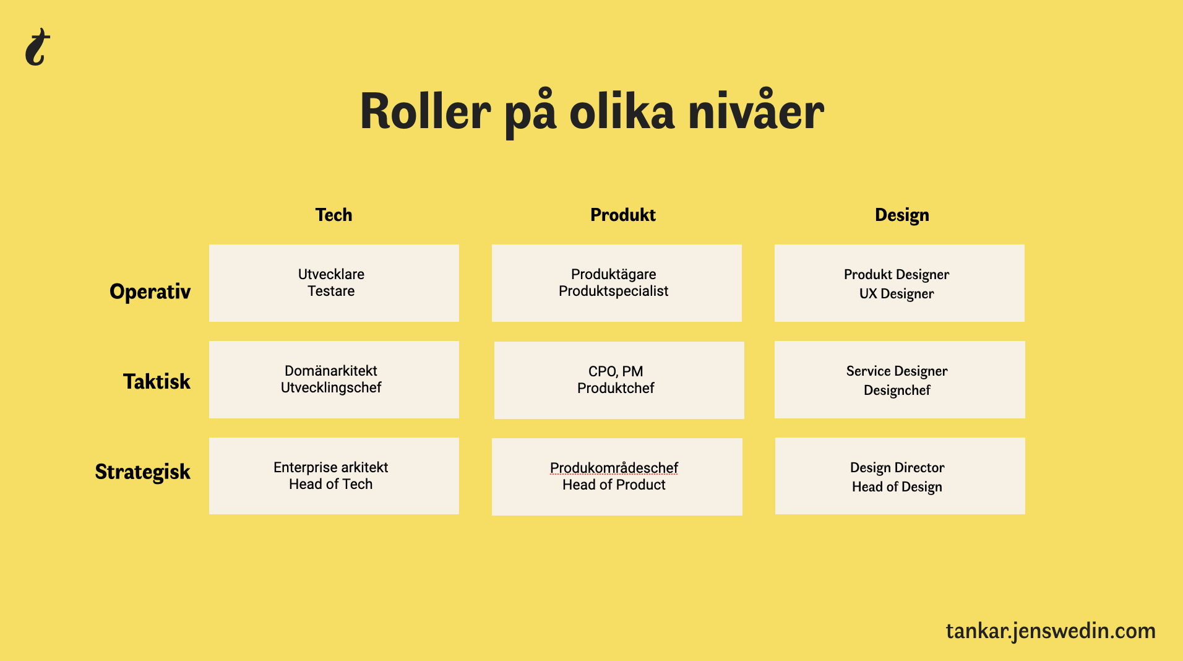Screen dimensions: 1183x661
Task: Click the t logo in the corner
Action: coord(37,47)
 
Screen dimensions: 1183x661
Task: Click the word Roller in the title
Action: coord(426,112)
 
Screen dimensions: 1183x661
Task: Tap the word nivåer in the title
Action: coord(756,111)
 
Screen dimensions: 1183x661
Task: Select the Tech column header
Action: coord(333,215)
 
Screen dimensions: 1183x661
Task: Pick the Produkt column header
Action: coord(623,215)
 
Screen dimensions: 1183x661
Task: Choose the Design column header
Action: coord(902,215)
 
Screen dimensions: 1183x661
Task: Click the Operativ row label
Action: coord(150,292)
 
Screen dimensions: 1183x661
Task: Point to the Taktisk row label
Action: coord(157,381)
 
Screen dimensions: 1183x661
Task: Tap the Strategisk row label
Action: coord(143,472)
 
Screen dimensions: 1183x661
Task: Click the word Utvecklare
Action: coord(331,274)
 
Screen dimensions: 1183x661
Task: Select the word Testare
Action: coord(331,291)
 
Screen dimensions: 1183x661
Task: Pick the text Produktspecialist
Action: coord(614,292)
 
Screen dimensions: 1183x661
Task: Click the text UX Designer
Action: coord(897,294)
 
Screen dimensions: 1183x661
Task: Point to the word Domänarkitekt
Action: coord(331,371)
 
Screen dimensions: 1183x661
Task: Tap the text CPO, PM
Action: coord(616,371)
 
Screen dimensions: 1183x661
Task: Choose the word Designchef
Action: coord(897,391)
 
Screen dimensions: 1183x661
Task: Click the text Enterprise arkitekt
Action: coord(331,467)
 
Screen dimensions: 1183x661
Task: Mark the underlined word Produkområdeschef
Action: coord(614,468)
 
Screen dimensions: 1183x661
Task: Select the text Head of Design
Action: coord(897,487)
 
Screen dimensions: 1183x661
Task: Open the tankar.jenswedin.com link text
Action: coord(1051,631)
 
